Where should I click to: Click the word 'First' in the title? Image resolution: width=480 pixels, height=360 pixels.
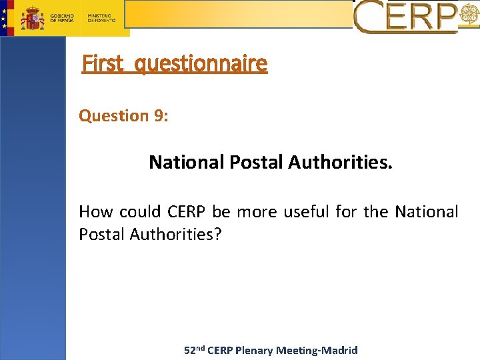click(103, 64)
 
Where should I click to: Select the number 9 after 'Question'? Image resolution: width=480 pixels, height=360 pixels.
click(160, 115)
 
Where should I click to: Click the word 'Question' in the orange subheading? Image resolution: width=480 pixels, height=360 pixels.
click(114, 115)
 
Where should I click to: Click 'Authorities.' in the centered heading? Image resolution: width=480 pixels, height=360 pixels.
click(340, 162)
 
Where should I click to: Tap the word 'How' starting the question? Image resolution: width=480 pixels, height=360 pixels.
click(96, 212)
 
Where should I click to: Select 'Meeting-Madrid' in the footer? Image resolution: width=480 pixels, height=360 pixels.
click(317, 350)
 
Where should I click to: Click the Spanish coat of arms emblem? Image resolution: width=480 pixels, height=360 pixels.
click(31, 17)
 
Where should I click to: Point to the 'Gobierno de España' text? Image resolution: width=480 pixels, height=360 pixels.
click(63, 17)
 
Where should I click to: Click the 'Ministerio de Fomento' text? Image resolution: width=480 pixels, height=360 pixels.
click(101, 17)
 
